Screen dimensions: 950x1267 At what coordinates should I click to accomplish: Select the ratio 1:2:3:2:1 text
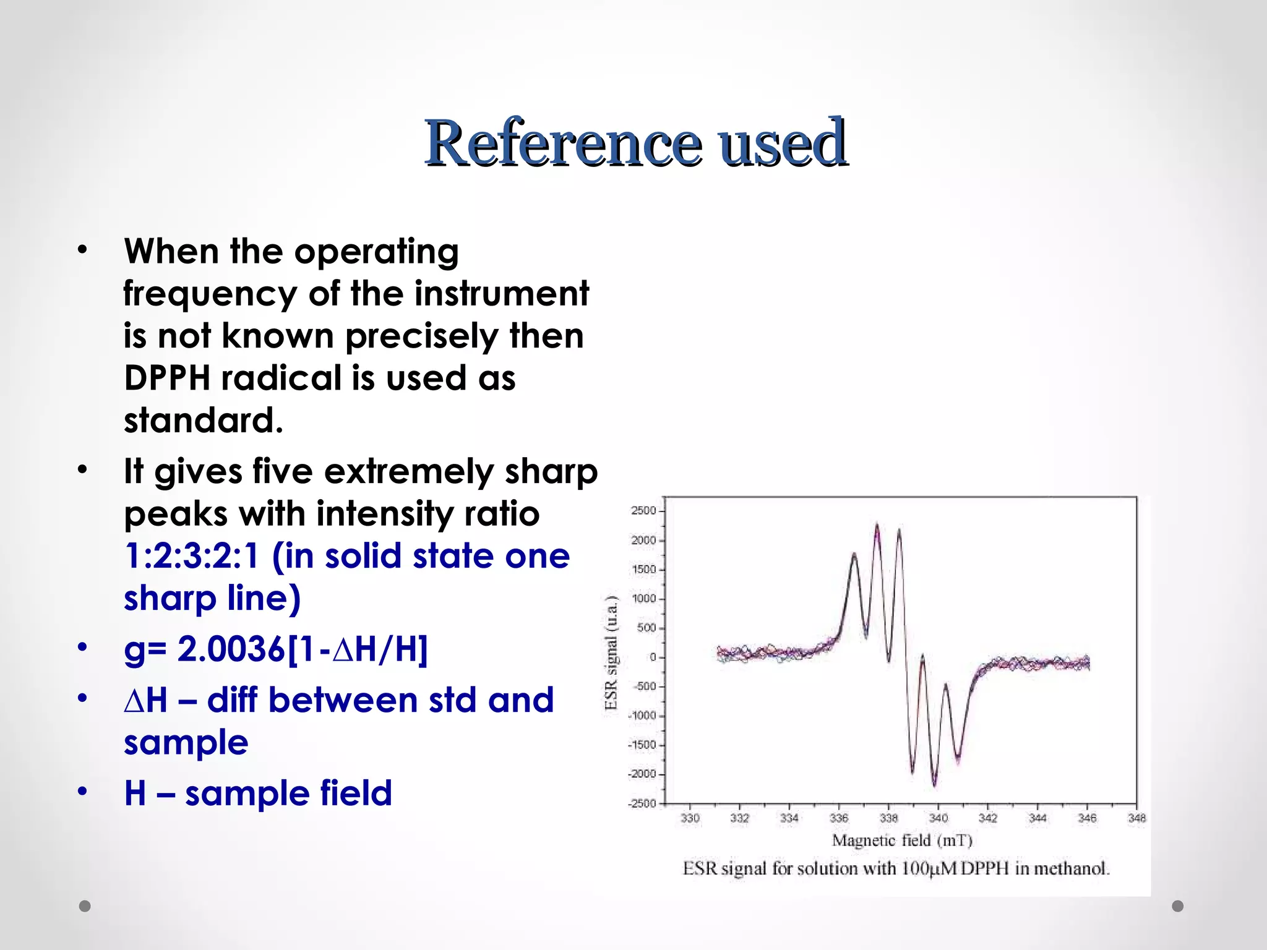[191, 555]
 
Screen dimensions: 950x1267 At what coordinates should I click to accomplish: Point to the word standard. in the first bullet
[204, 421]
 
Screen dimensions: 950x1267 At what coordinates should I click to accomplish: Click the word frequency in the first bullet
[210, 293]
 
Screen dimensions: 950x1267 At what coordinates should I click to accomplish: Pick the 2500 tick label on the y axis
[643, 511]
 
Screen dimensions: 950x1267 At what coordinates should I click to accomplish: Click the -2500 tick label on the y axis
[642, 803]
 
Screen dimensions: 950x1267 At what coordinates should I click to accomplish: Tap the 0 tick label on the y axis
[653, 657]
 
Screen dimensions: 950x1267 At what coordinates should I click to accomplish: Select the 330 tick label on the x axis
[690, 818]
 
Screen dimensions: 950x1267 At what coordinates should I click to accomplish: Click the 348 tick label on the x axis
[1137, 818]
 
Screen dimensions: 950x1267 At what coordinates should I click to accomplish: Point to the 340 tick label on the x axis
[938, 818]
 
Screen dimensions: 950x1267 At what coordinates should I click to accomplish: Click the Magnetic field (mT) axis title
[902, 841]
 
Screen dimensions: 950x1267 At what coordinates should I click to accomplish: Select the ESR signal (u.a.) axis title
[611, 652]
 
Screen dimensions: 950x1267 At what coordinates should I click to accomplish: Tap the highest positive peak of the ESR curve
[877, 525]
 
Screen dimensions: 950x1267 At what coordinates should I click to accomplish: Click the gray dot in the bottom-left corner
[85, 906]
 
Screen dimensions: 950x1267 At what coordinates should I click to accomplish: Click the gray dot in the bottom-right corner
[1178, 906]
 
